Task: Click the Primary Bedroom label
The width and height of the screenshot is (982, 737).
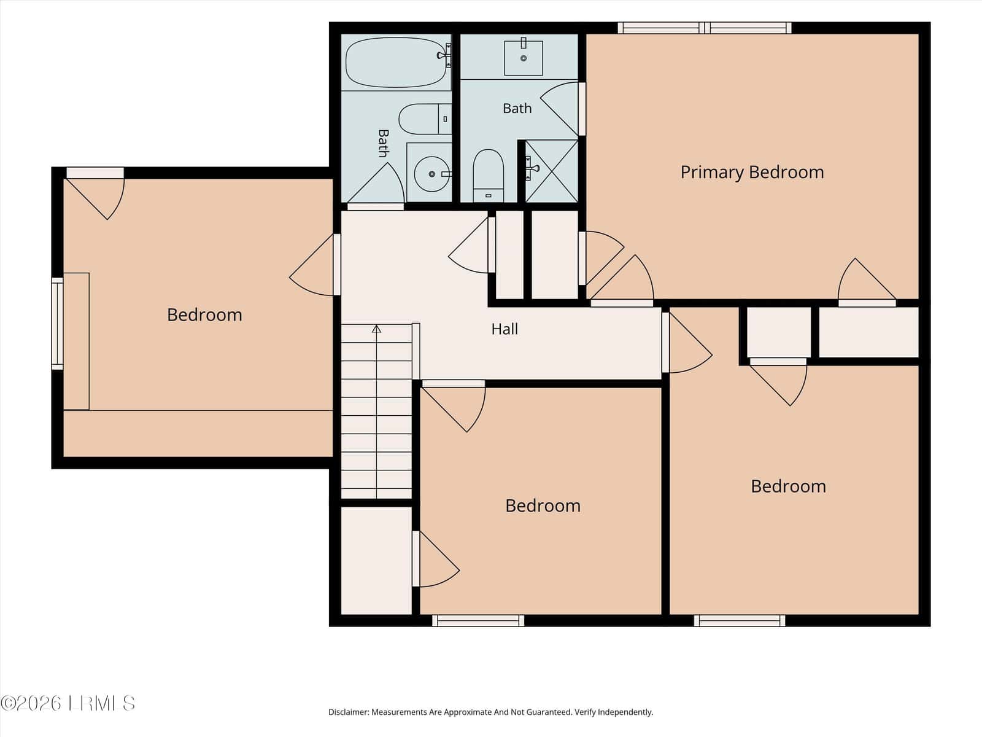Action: pos(752,173)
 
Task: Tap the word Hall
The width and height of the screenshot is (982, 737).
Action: pos(505,329)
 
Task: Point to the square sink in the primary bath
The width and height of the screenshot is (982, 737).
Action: pos(524,58)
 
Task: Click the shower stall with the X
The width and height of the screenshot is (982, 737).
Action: pos(551,171)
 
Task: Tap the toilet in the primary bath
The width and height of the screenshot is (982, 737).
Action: pos(488,176)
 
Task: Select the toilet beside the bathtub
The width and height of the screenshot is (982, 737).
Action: pos(425,119)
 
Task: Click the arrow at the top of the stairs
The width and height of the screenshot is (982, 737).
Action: pos(377,329)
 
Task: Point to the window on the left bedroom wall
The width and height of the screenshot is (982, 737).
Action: pos(57,324)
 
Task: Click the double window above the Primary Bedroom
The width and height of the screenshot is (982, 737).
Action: pos(705,28)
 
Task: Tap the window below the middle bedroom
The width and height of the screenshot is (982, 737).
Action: pos(477,621)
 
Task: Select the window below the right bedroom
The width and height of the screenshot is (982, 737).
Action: pos(740,621)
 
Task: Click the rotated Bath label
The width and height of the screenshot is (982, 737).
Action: pos(384,143)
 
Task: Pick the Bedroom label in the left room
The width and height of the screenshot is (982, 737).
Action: pos(204,315)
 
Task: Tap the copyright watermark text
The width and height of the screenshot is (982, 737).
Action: pos(68,703)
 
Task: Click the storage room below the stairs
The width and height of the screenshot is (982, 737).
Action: pos(376,561)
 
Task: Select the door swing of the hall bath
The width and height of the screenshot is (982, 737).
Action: pos(376,183)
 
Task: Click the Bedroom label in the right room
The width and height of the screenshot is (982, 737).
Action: pos(788,486)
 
